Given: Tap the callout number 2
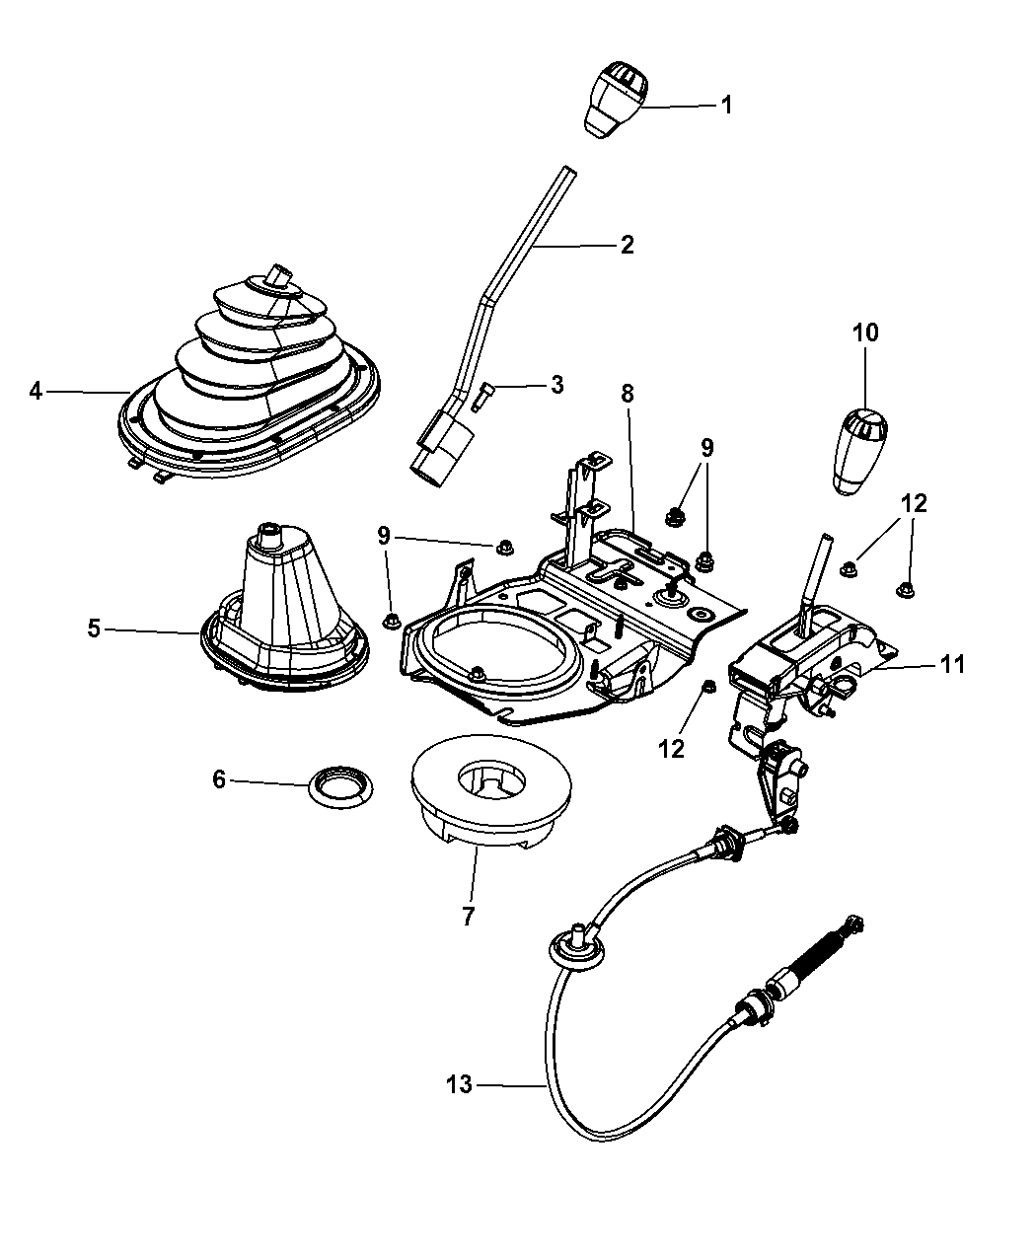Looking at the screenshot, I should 627,244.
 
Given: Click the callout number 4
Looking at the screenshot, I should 37,392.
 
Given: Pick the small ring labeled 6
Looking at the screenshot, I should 337,786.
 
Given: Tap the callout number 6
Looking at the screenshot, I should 218,779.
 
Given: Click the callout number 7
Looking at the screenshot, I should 468,917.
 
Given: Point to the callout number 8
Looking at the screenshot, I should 628,394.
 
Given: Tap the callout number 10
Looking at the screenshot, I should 865,333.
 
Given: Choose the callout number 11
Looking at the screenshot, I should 951,664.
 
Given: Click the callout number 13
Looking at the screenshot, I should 459,1085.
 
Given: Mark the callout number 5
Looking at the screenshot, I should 94,628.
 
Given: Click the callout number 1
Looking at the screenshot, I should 726,105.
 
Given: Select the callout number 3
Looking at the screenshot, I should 557,384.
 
